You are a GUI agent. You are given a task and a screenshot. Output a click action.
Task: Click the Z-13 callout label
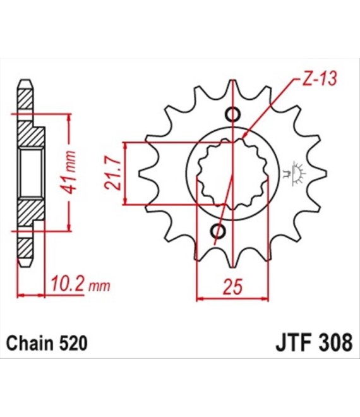(x=319, y=78)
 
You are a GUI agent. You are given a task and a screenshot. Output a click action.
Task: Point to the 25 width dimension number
(x=231, y=287)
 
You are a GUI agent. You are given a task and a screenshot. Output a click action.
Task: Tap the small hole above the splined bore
(x=232, y=114)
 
